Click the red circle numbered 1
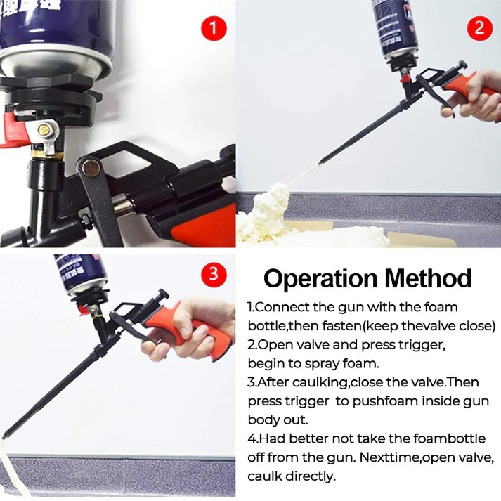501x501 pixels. [x=215, y=29]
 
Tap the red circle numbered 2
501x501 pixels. [x=479, y=28]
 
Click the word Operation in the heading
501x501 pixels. [x=319, y=278]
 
